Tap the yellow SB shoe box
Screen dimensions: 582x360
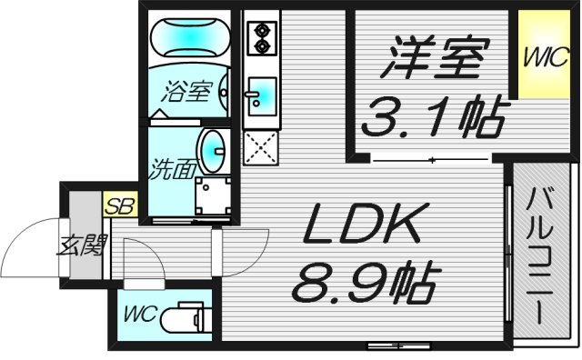coord(119,206)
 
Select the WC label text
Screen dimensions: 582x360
coord(141,315)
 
